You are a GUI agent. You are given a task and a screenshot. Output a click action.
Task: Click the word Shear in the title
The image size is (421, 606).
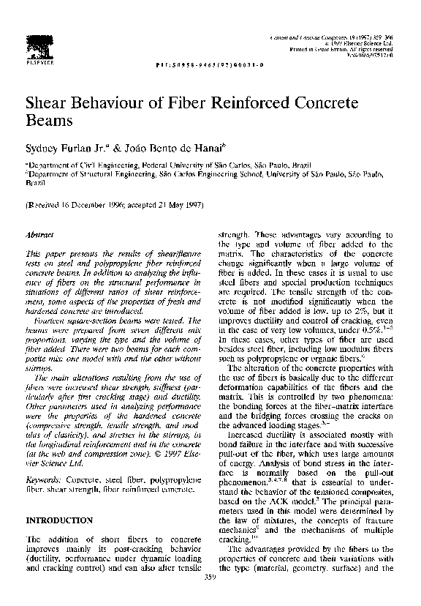pos(46,102)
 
